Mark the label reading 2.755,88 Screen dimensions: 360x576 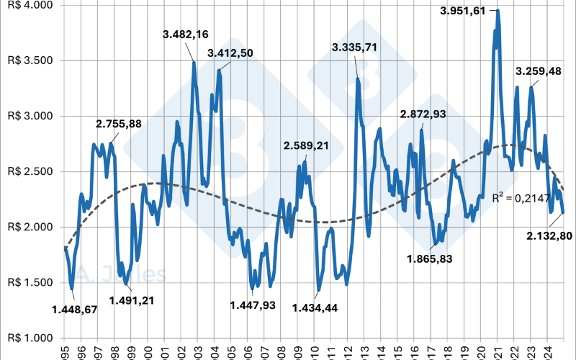tap(119, 124)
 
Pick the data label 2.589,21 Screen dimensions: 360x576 tap(306, 145)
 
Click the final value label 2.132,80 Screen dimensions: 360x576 tap(550, 235)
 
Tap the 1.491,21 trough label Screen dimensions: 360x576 tap(130, 300)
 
